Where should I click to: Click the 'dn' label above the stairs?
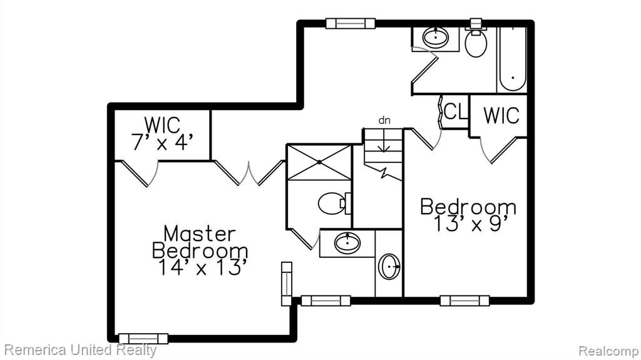(384, 120)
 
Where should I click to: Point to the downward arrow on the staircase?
(384, 140)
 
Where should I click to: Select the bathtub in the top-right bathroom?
(512, 57)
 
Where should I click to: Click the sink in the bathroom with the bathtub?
(435, 38)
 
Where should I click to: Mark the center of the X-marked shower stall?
(319, 162)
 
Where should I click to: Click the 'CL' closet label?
(455, 111)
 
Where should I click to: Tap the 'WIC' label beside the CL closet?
(501, 115)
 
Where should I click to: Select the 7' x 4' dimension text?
(162, 142)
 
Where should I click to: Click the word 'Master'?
(200, 234)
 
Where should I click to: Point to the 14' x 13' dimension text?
(203, 267)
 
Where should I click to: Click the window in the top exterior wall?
(351, 23)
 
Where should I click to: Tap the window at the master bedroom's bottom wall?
(143, 339)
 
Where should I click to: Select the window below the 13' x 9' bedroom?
(465, 301)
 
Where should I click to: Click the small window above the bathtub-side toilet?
(476, 23)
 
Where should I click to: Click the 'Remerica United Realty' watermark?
(80, 350)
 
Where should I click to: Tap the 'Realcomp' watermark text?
(608, 351)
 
